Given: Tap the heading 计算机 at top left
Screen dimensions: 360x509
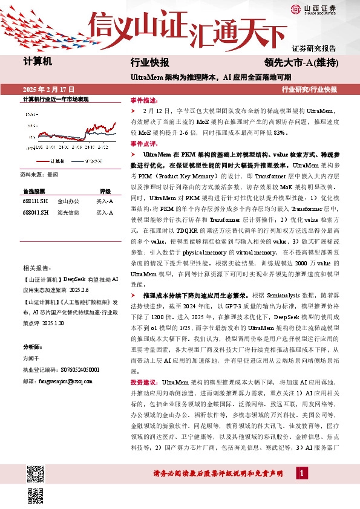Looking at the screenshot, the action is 38,63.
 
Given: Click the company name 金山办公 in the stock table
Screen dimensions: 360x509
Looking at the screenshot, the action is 68,200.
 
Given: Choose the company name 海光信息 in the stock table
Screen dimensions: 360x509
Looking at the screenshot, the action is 68,212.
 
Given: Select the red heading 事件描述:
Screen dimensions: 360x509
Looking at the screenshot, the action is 143,100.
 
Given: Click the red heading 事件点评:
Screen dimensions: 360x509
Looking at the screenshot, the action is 143,144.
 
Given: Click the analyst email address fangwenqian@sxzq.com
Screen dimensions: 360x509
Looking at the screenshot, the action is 53,381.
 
